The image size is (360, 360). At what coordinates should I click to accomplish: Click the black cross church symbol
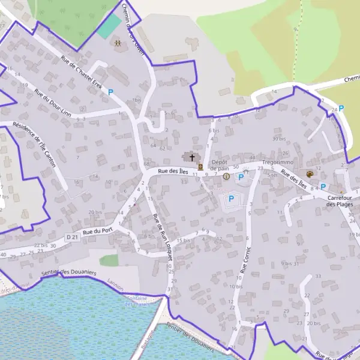point(193,158)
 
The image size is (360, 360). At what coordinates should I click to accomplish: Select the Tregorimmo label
point(277,163)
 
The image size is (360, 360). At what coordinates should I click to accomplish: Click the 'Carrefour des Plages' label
point(340,200)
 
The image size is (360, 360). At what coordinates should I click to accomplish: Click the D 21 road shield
point(73,238)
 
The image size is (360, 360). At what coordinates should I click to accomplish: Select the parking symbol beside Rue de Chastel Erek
point(110,92)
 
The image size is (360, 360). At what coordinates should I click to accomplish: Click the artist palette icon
point(310,174)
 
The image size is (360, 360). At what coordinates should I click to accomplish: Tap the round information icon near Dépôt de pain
point(226,176)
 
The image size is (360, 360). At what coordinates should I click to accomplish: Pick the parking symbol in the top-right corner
point(341,109)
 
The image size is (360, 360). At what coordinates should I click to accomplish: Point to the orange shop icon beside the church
point(200,167)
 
